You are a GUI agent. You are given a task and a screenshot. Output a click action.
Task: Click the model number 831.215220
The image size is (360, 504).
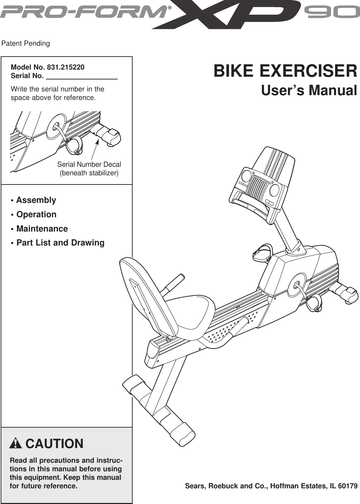coord(65,67)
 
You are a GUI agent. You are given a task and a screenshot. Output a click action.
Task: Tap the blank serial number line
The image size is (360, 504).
coord(81,76)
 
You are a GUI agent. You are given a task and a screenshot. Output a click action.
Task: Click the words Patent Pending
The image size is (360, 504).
coord(26,44)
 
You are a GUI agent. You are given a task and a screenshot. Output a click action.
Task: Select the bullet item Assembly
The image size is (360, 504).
coord(36,200)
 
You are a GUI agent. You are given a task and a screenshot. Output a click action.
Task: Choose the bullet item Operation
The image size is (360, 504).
coord(36,214)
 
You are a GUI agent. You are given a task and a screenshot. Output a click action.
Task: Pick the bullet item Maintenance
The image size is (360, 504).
coord(42,229)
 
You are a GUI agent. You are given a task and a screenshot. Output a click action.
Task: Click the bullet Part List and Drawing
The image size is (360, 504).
coord(60,243)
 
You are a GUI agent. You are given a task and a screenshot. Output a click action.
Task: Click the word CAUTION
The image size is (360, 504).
coord(54,444)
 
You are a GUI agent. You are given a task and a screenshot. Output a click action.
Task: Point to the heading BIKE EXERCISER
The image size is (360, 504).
coord(285,71)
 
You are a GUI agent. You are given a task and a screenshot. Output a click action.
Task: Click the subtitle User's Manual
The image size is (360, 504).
coord(309,91)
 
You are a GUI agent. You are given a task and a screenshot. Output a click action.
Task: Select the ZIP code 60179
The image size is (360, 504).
coord(348,486)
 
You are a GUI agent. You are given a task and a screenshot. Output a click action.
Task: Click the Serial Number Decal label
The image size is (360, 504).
coord(89,164)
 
